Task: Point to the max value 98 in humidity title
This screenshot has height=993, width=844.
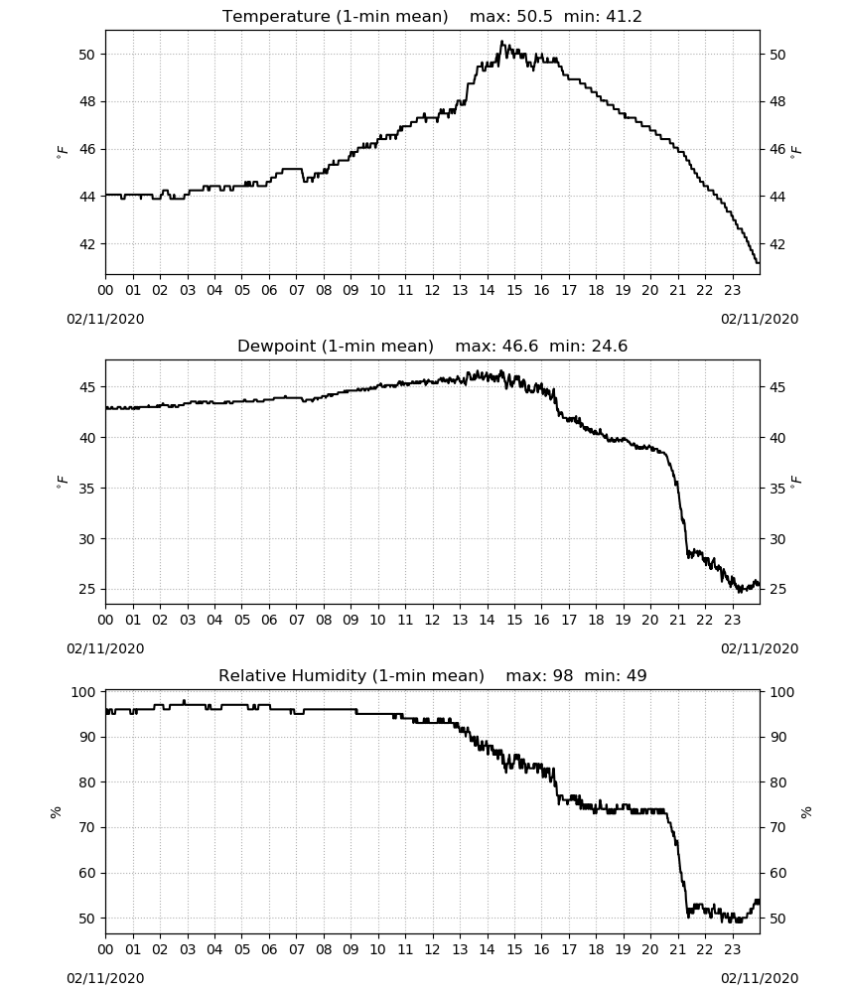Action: coord(563,675)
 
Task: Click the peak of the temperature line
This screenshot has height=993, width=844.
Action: coord(501,42)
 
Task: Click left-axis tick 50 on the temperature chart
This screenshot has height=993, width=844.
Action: coord(87,55)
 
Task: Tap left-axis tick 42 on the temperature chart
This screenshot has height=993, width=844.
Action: coord(87,244)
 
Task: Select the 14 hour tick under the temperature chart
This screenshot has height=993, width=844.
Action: coord(487,290)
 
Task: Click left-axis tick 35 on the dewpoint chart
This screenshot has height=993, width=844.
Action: coord(87,489)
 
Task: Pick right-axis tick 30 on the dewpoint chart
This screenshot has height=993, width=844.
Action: coord(777,539)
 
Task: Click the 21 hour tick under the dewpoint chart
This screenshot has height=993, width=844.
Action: coord(677,620)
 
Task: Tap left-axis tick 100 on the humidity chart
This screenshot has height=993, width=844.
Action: coord(83,692)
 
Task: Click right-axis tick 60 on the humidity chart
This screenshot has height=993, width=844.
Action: coord(777,873)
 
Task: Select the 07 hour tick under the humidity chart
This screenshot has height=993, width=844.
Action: coord(296,949)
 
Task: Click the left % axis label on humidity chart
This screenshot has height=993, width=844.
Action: coord(57,812)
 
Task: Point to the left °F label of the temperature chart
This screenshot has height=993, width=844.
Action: coord(62,151)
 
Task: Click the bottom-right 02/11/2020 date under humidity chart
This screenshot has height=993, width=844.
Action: coord(760,978)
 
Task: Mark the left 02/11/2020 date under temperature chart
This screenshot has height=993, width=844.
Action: coord(105,319)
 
